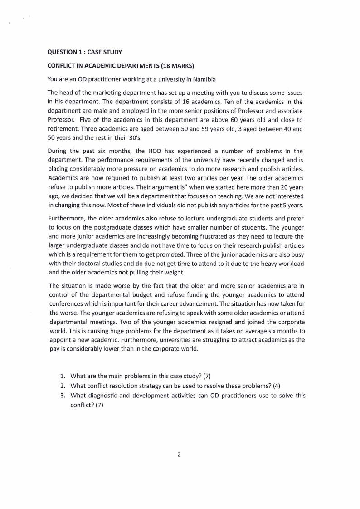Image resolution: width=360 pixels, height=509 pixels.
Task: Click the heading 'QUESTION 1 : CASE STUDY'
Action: click(85, 52)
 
